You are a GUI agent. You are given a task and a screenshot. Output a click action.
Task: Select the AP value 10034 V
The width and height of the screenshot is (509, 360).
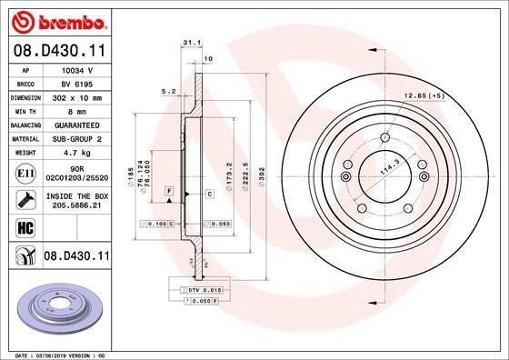[77, 69]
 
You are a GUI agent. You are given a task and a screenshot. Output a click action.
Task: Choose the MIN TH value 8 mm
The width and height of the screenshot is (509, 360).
[77, 110]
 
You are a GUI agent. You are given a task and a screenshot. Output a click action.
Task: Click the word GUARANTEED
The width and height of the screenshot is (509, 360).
[77, 125]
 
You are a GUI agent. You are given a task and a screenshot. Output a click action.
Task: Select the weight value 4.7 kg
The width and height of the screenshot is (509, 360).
[77, 153]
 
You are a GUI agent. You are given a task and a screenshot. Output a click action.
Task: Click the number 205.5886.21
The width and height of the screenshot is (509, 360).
[77, 207]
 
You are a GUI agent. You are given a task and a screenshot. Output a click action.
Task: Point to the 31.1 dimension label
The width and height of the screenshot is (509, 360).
[190, 42]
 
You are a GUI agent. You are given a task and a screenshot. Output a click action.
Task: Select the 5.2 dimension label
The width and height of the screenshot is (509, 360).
[167, 91]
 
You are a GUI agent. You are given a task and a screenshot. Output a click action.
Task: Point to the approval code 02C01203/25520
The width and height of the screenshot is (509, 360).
[77, 179]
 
